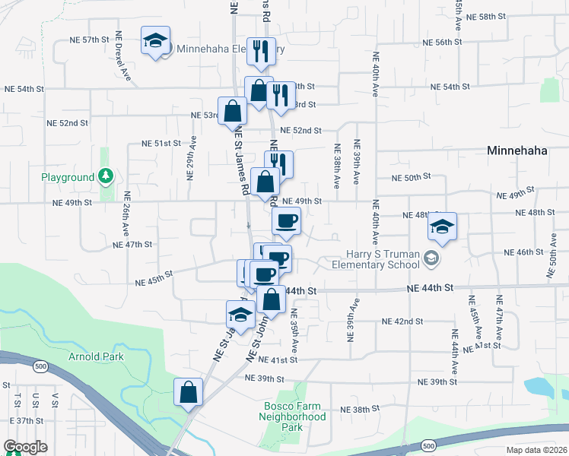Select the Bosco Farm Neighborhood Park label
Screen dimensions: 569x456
tap(292, 416)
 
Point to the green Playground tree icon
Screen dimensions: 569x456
tap(106, 177)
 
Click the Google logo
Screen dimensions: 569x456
tap(26, 447)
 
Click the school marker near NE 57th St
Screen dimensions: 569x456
tap(156, 40)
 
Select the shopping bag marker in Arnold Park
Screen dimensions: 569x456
tap(188, 392)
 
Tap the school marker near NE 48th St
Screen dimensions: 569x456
tap(442, 226)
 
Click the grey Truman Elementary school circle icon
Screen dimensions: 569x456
tap(432, 259)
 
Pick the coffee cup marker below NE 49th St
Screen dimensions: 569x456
tap(287, 221)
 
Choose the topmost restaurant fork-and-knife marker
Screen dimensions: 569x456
tap(261, 51)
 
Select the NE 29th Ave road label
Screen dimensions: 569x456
tap(192, 159)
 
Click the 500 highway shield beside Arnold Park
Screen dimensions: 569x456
tap(38, 366)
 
